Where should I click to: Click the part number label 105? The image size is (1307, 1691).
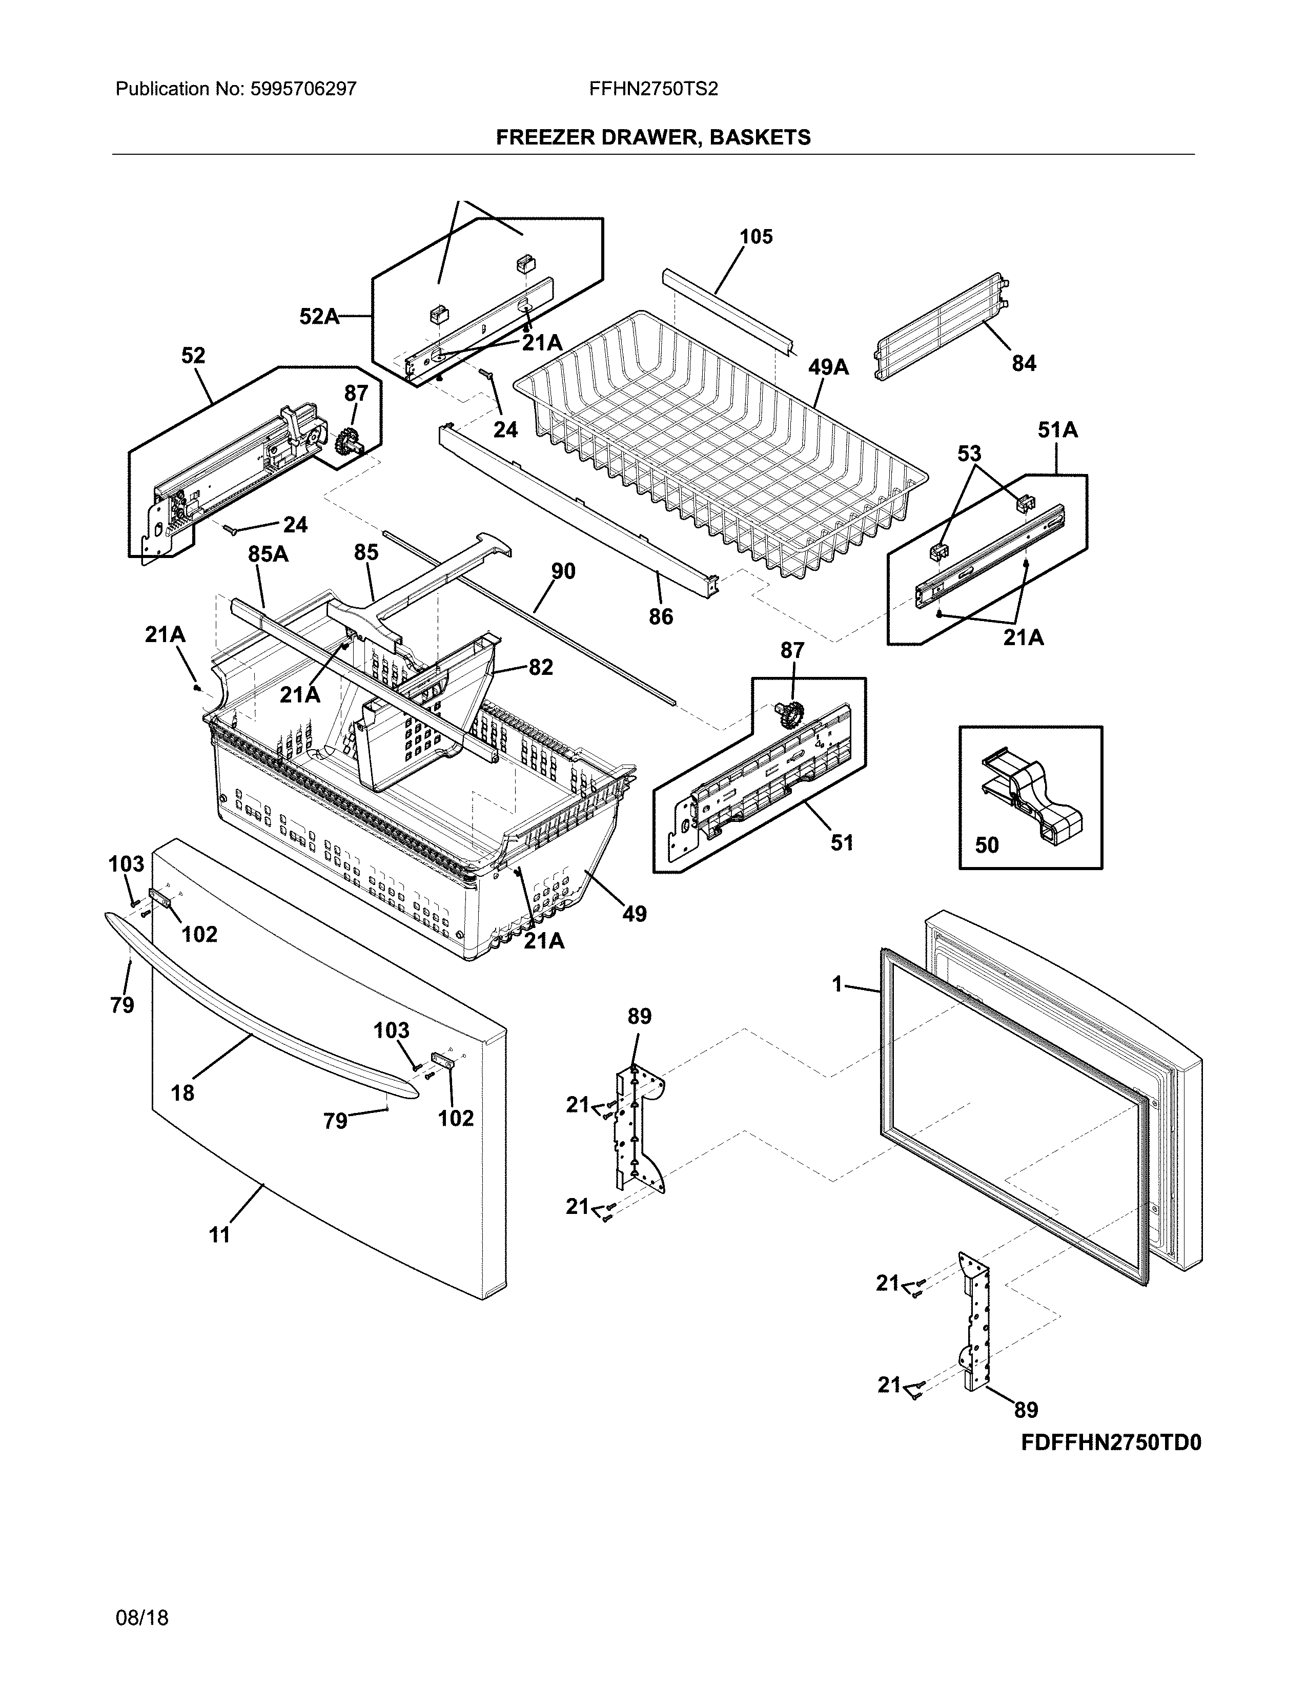pos(755,237)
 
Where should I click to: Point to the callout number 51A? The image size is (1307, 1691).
pos(1058,430)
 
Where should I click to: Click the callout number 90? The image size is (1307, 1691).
pos(563,571)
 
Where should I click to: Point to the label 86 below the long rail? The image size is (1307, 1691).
pos(661,617)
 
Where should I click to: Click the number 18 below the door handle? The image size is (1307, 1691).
pos(183,1094)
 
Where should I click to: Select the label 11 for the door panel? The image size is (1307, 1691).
pos(220,1235)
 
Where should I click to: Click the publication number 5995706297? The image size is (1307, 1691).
pos(303,89)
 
